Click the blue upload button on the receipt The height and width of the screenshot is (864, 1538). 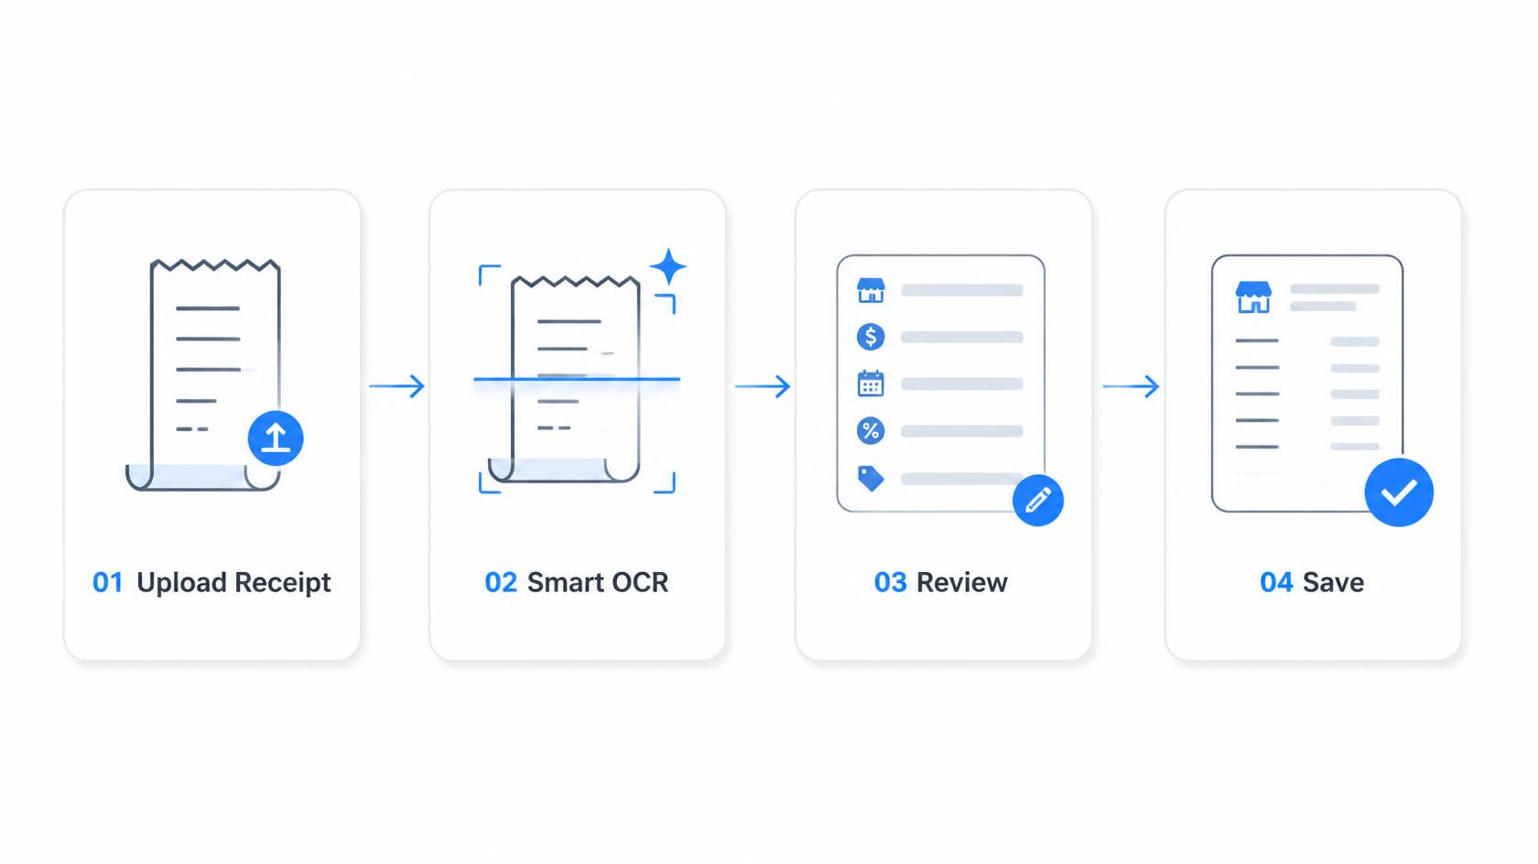[276, 437]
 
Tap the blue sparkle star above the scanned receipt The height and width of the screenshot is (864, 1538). [668, 267]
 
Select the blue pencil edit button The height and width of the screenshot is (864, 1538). [1037, 501]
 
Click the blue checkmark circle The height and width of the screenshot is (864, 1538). [1399, 492]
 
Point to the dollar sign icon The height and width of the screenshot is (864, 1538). [871, 337]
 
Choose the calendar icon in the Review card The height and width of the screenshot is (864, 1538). [871, 383]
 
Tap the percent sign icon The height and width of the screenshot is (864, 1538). [871, 431]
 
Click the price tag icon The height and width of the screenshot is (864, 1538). [871, 479]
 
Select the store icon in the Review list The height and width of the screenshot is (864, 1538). [871, 290]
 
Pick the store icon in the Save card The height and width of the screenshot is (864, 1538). [1254, 297]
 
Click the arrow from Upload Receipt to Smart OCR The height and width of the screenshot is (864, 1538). [397, 385]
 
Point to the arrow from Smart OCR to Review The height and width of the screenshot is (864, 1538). [762, 385]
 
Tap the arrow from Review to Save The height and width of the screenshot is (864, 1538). [1131, 385]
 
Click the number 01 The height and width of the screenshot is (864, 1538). [108, 583]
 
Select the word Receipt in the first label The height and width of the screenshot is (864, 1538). [282, 583]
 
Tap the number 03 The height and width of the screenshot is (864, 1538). [891, 583]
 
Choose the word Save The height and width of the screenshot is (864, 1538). [1333, 583]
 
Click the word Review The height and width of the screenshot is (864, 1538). [962, 583]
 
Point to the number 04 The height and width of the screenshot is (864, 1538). [1276, 583]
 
